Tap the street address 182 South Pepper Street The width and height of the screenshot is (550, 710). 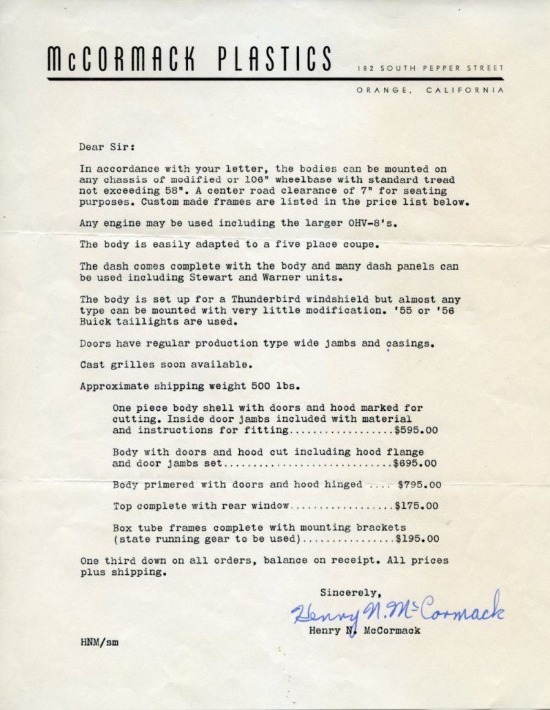[431, 68]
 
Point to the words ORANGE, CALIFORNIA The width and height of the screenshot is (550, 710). [431, 90]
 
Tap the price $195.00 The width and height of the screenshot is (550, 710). [417, 539]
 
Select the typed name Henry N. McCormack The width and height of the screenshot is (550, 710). [365, 630]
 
